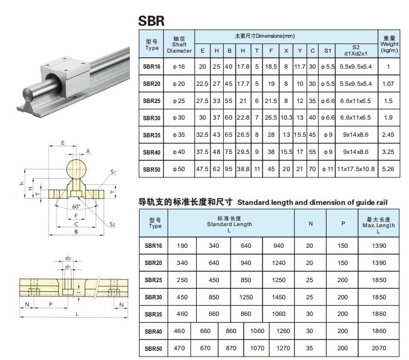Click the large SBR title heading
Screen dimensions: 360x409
pyautogui.click(x=152, y=21)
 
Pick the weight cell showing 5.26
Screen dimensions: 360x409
pyautogui.click(x=389, y=169)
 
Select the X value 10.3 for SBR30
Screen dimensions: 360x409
pyautogui.click(x=287, y=118)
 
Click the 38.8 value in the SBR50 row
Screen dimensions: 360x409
pyautogui.click(x=243, y=169)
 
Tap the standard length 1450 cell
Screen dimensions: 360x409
pyautogui.click(x=279, y=297)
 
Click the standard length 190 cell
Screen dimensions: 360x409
pyautogui.click(x=182, y=246)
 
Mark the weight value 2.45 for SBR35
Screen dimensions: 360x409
pyautogui.click(x=389, y=135)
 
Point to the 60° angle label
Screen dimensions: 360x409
pyautogui.click(x=76, y=206)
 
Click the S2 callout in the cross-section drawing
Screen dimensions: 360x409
pyautogui.click(x=113, y=225)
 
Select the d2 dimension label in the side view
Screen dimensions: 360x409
pyautogui.click(x=68, y=258)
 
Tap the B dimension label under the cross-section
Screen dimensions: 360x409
pyautogui.click(x=76, y=232)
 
